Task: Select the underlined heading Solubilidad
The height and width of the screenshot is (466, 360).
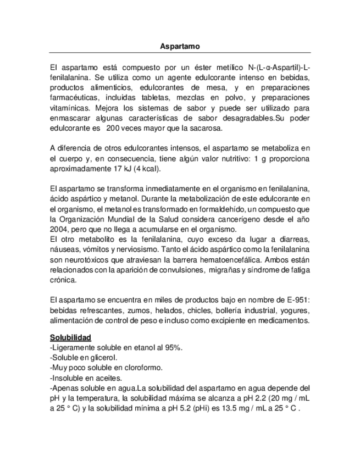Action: point(70,337)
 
